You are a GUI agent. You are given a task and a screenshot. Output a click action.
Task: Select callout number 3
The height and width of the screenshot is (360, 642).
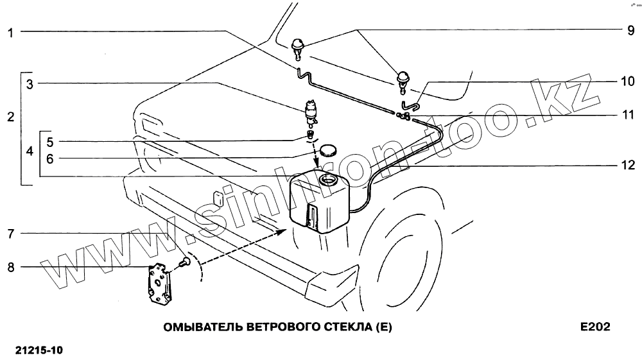(x=30, y=83)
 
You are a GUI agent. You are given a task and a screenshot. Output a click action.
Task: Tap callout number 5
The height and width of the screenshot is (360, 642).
(x=51, y=141)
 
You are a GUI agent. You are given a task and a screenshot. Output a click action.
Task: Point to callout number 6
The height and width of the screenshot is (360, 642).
(x=51, y=157)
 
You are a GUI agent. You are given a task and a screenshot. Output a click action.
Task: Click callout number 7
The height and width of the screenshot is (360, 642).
(x=11, y=232)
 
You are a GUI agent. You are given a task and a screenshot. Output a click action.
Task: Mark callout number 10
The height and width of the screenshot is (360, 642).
(x=627, y=82)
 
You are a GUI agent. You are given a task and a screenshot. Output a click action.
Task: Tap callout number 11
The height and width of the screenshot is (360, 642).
(x=627, y=116)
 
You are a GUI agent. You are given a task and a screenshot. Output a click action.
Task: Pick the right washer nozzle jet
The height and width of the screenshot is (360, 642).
(x=403, y=78)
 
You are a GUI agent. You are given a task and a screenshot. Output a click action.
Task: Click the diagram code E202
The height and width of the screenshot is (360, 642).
(x=594, y=327)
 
